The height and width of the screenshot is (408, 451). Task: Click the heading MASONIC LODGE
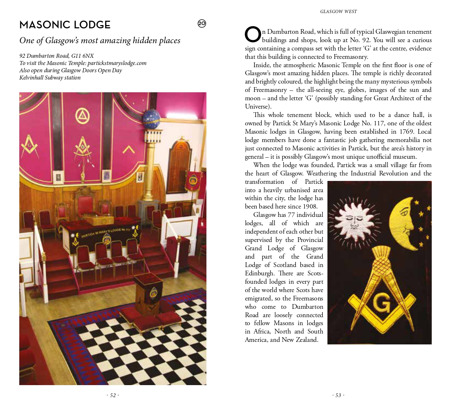coord(65,25)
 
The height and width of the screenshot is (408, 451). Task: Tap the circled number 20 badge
coord(202,24)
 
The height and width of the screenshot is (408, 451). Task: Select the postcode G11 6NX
coord(82,56)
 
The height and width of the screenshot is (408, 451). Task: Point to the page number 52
coord(113,395)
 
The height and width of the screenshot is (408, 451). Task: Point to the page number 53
coord(338,395)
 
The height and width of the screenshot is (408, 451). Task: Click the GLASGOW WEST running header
coord(338,12)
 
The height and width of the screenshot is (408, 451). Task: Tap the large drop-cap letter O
coord(253,35)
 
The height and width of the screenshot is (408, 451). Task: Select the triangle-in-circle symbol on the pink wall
coord(82,116)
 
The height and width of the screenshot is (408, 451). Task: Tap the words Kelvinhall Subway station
coord(50,77)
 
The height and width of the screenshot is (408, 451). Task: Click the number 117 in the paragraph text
coord(378,123)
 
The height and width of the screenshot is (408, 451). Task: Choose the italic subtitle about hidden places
coord(100,40)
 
